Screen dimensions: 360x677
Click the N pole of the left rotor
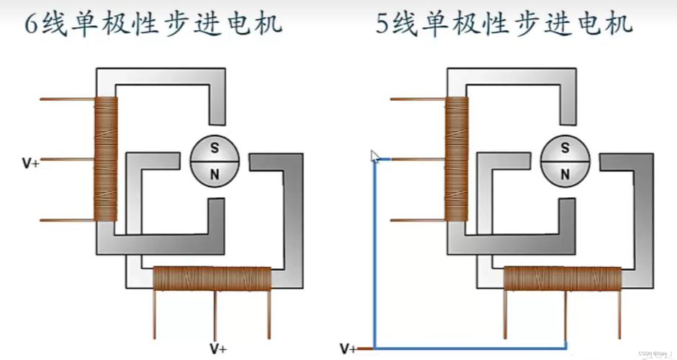[214, 173]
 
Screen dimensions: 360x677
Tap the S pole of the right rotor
[565, 148]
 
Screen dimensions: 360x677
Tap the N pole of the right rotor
[565, 173]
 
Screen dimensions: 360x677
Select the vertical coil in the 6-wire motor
[106, 159]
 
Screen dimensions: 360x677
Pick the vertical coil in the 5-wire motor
[457, 159]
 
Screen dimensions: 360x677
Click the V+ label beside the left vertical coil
[30, 163]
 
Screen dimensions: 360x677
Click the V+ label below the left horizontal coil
[218, 348]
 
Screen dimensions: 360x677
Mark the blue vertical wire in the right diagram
[375, 252]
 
